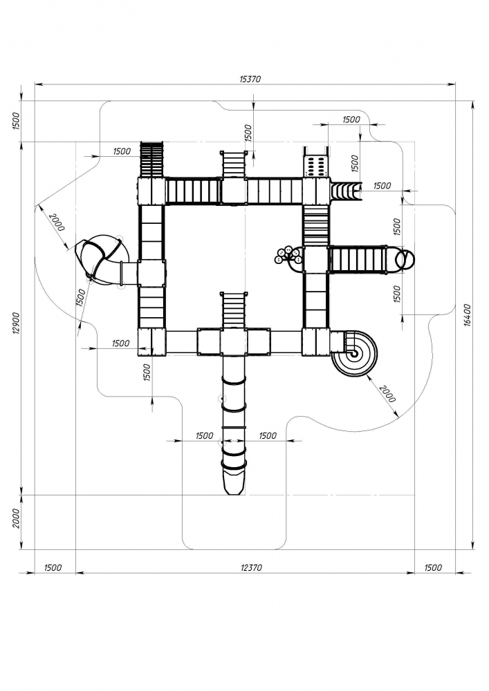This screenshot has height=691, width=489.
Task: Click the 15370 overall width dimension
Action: pos(250,79)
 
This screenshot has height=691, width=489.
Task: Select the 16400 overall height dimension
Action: pos(468,315)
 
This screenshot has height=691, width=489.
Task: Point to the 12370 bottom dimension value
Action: pos(250,567)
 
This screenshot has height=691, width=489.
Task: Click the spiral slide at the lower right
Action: pos(355,353)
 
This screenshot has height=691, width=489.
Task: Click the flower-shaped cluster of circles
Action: pos(288,256)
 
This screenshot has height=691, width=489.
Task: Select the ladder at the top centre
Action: pos(234,164)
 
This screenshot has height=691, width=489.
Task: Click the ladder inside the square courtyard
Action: pos(234,308)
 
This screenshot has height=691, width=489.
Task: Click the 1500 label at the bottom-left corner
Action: pos(53,567)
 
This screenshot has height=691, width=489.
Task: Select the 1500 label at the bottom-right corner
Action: pos(432,567)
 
